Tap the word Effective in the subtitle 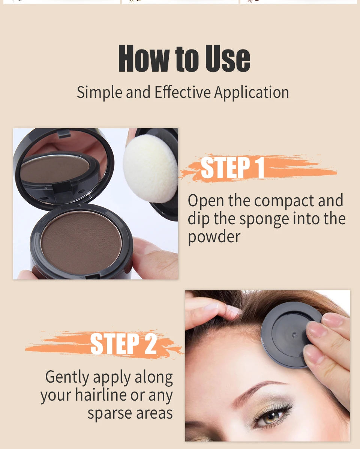[183, 92]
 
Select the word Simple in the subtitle [100, 92]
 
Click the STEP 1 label [232, 168]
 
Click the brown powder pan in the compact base [81, 242]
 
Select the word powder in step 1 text [214, 237]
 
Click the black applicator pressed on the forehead [285, 334]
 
